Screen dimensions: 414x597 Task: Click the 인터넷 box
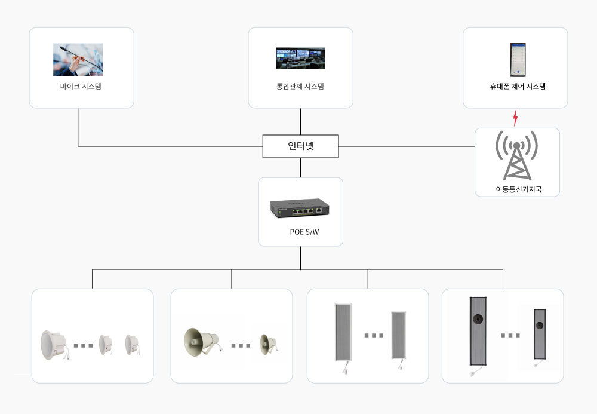(x=300, y=146)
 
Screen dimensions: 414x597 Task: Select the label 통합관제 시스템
(x=300, y=86)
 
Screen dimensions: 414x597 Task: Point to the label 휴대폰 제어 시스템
(x=515, y=86)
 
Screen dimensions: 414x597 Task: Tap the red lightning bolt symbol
(x=515, y=118)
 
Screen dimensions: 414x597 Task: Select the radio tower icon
(x=518, y=155)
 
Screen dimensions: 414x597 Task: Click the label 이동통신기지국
(x=518, y=189)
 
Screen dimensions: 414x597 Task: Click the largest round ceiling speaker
(x=54, y=345)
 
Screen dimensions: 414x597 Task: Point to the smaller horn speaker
(x=267, y=344)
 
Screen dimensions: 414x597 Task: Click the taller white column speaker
(x=343, y=333)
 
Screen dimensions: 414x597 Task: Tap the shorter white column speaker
(x=399, y=335)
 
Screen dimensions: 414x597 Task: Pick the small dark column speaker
(x=540, y=332)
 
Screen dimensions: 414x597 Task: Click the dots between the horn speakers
(x=241, y=345)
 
